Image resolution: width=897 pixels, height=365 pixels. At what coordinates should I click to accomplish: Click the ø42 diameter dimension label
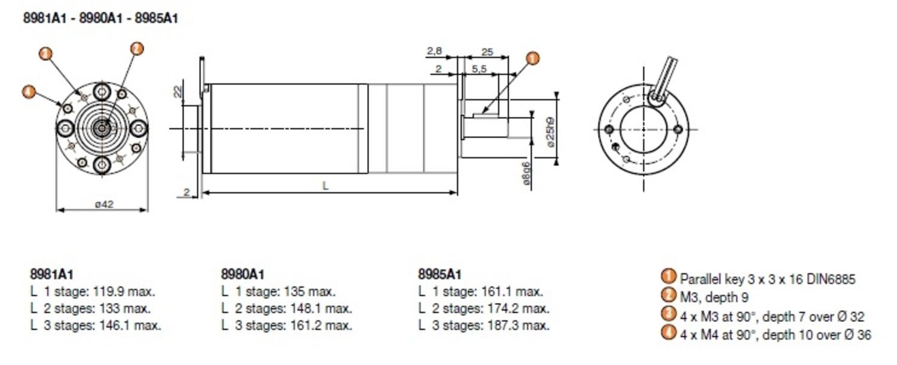click(x=103, y=204)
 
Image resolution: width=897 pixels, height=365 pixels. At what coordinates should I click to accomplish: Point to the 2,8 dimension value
click(x=435, y=52)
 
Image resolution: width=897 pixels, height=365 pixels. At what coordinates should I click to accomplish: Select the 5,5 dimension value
click(x=479, y=69)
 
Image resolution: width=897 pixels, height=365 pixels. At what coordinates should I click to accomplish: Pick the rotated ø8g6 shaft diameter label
click(x=526, y=174)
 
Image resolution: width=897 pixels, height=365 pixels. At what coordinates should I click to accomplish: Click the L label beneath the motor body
click(x=325, y=186)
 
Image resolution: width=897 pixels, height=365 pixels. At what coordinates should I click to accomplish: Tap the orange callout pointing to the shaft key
click(x=532, y=59)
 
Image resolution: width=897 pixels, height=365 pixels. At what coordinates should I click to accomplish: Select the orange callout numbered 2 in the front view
click(x=137, y=49)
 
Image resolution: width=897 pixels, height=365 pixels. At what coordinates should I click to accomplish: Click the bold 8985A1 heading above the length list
click(x=440, y=275)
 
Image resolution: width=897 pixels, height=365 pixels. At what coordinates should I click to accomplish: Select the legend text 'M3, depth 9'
click(x=714, y=297)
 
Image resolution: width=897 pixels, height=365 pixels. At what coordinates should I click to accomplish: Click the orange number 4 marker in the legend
click(x=669, y=333)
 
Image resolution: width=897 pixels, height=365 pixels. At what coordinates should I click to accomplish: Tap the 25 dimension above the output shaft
click(x=487, y=52)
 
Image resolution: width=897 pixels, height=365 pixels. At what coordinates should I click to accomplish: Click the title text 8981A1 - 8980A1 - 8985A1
click(x=100, y=19)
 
